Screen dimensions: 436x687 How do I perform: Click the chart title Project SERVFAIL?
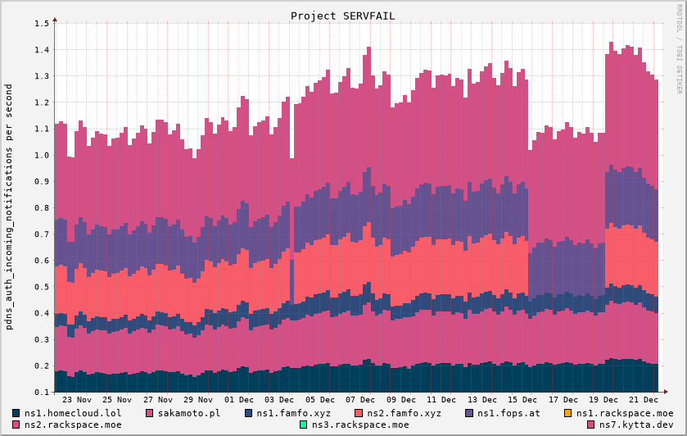342,16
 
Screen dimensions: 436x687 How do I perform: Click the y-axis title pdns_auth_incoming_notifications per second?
10,207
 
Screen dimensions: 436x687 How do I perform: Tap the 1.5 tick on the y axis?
42,23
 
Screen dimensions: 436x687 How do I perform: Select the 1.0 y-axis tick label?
42,155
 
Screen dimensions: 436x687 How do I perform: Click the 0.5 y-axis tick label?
42,287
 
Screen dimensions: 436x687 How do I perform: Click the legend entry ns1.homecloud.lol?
72,413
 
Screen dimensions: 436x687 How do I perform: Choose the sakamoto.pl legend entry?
188,413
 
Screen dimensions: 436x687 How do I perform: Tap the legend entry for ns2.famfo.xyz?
404,413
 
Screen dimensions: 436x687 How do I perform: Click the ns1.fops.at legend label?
508,413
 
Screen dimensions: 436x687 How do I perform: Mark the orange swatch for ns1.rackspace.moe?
568,413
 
